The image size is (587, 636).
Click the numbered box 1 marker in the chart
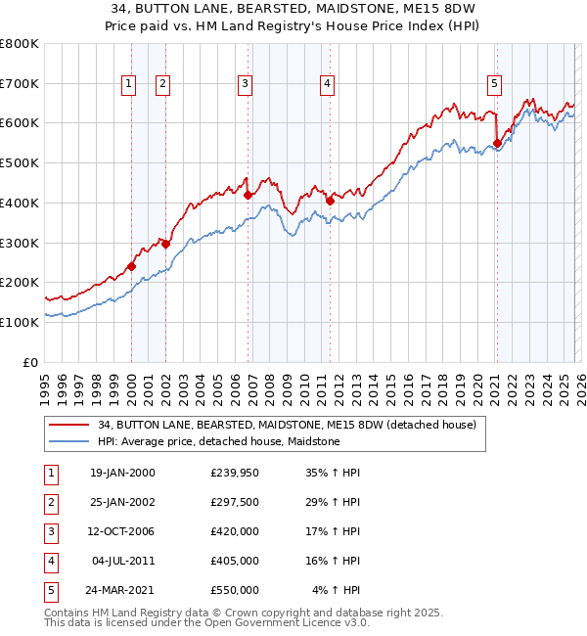129,85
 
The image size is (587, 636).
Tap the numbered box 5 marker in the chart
495,85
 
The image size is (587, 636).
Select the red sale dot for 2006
248,195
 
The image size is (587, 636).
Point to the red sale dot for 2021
497,143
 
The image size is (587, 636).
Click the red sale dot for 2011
330,201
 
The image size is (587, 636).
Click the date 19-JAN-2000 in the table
122,473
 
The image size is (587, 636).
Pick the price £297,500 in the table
235,502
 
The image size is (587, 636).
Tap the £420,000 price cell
235,531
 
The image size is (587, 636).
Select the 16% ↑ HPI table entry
334,561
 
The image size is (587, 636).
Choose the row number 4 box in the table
49,561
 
